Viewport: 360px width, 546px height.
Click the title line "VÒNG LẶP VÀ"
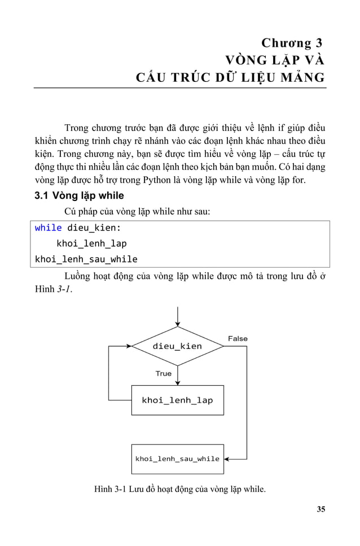(x=275, y=60)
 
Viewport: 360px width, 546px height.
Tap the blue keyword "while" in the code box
(x=49, y=228)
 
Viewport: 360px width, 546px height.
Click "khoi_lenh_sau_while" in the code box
(x=86, y=259)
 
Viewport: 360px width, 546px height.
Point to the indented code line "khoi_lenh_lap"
(x=91, y=243)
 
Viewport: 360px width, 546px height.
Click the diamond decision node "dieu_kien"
(x=177, y=346)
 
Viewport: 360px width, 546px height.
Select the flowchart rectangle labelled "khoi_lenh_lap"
(x=177, y=400)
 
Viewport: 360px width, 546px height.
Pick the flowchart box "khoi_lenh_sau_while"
(x=177, y=458)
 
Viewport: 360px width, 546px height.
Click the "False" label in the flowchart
(x=238, y=338)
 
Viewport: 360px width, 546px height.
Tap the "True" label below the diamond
(x=164, y=373)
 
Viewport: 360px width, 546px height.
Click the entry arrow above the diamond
(x=178, y=316)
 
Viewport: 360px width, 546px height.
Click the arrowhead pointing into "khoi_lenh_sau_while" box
(x=228, y=459)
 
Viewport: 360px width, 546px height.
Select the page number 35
(x=321, y=509)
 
